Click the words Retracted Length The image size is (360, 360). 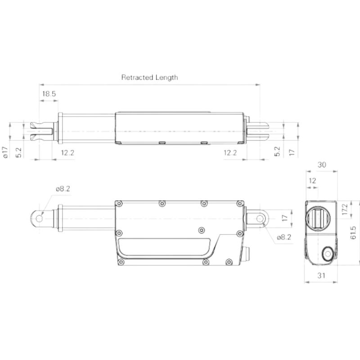149,77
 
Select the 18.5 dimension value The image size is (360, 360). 49,94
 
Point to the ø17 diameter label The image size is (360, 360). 6,153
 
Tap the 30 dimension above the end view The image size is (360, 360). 322,165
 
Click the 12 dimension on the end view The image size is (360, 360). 313,180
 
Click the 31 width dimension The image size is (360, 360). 321,275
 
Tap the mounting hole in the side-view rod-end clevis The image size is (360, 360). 39,218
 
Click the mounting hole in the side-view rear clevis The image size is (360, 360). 260,218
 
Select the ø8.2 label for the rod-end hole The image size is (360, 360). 63,189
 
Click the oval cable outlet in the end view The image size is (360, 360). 327,254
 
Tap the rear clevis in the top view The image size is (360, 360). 258,131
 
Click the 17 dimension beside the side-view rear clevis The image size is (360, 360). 283,218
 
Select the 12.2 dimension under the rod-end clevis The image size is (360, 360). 67,153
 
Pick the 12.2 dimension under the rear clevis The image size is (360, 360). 230,153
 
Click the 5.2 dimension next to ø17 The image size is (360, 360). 18,153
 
